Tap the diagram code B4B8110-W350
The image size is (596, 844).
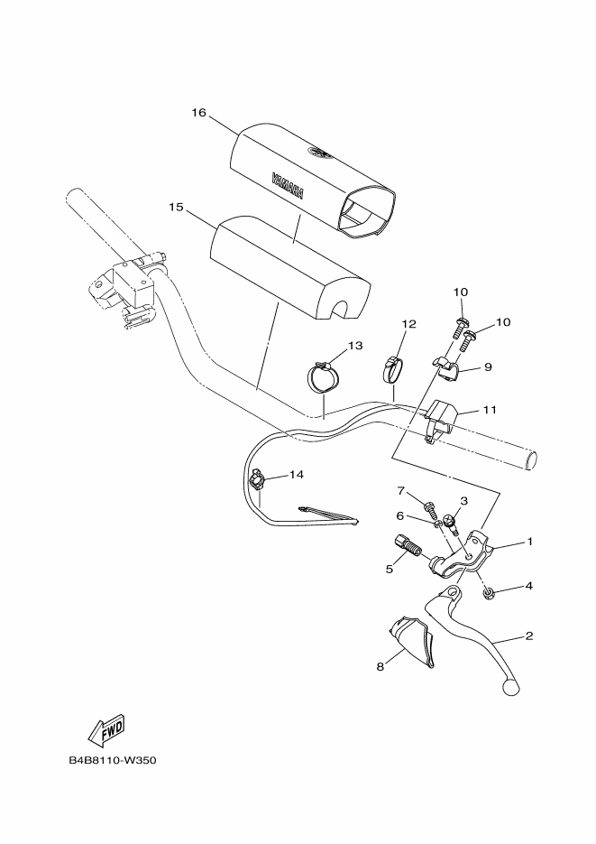[113, 761]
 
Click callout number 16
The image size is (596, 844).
[199, 113]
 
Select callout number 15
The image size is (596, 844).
[176, 207]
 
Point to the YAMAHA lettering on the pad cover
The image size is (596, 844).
[288, 185]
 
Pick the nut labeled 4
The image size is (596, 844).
[489, 595]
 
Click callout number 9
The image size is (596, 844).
[488, 367]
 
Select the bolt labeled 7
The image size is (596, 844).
[429, 506]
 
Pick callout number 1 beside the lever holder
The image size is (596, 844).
[529, 541]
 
